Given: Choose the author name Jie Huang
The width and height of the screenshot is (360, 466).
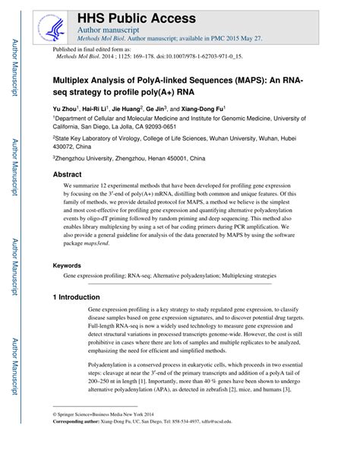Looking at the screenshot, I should [143, 109].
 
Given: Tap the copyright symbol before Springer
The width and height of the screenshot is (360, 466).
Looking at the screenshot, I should [55, 434].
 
